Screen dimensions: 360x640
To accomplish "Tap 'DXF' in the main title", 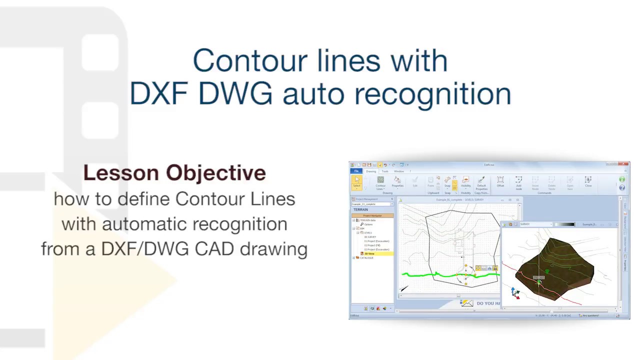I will click(x=159, y=93).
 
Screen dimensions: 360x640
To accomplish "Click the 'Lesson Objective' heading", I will click(x=174, y=173).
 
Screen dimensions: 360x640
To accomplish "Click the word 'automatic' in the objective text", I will click(x=144, y=224).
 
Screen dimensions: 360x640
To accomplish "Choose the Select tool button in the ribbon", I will click(x=356, y=182).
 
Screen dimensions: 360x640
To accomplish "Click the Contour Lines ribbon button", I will click(x=380, y=182).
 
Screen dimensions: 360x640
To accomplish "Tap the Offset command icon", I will click(x=500, y=181).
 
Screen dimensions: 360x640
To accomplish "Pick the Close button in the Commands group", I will click(x=588, y=181).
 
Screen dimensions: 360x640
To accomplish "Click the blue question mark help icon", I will click(x=622, y=187).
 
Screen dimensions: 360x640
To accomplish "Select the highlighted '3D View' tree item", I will click(x=369, y=253).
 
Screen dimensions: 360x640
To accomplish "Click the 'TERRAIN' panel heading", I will click(x=361, y=209).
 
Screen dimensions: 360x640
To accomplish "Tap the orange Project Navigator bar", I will click(x=372, y=215).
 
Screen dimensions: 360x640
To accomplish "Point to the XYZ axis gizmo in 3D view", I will click(x=515, y=292).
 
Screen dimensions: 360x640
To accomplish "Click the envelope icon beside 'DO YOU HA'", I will click(x=467, y=303).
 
